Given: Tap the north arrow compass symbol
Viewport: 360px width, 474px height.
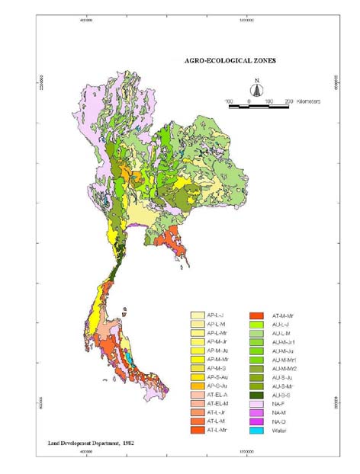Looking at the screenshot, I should tap(257, 89).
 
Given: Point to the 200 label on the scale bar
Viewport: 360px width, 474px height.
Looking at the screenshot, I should tap(288, 101).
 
